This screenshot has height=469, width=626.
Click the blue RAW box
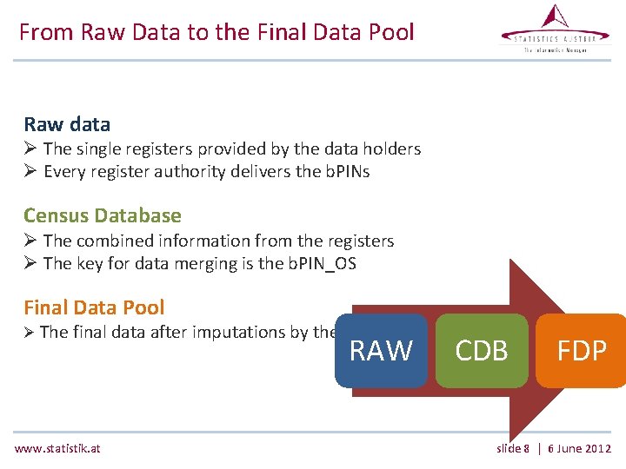[381, 350]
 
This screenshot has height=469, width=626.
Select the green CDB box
[482, 350]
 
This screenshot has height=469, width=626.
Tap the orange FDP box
[581, 350]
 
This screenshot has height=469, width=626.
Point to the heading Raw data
[67, 124]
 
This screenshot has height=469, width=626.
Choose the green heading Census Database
[103, 215]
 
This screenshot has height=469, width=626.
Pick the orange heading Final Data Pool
[94, 307]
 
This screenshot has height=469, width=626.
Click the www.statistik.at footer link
[57, 448]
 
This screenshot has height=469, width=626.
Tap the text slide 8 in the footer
[513, 448]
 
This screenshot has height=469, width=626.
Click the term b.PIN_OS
[321, 263]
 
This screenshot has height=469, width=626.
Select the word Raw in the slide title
[100, 33]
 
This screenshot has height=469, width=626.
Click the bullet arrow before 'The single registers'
[30, 149]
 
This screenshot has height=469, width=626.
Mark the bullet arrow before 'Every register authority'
[30, 171]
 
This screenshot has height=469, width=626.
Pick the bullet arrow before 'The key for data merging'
[30, 263]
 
